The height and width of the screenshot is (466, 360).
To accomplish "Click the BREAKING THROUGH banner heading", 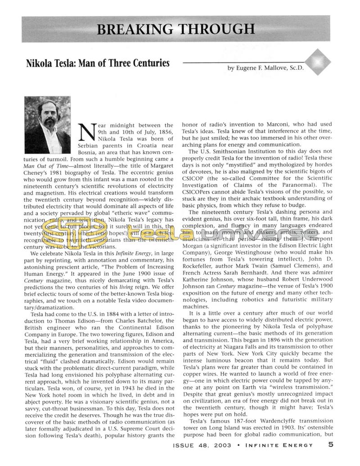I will [x=176, y=29].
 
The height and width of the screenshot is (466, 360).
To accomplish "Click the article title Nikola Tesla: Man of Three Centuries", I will [x=98, y=63].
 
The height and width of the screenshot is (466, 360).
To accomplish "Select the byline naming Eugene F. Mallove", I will [x=265, y=68].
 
